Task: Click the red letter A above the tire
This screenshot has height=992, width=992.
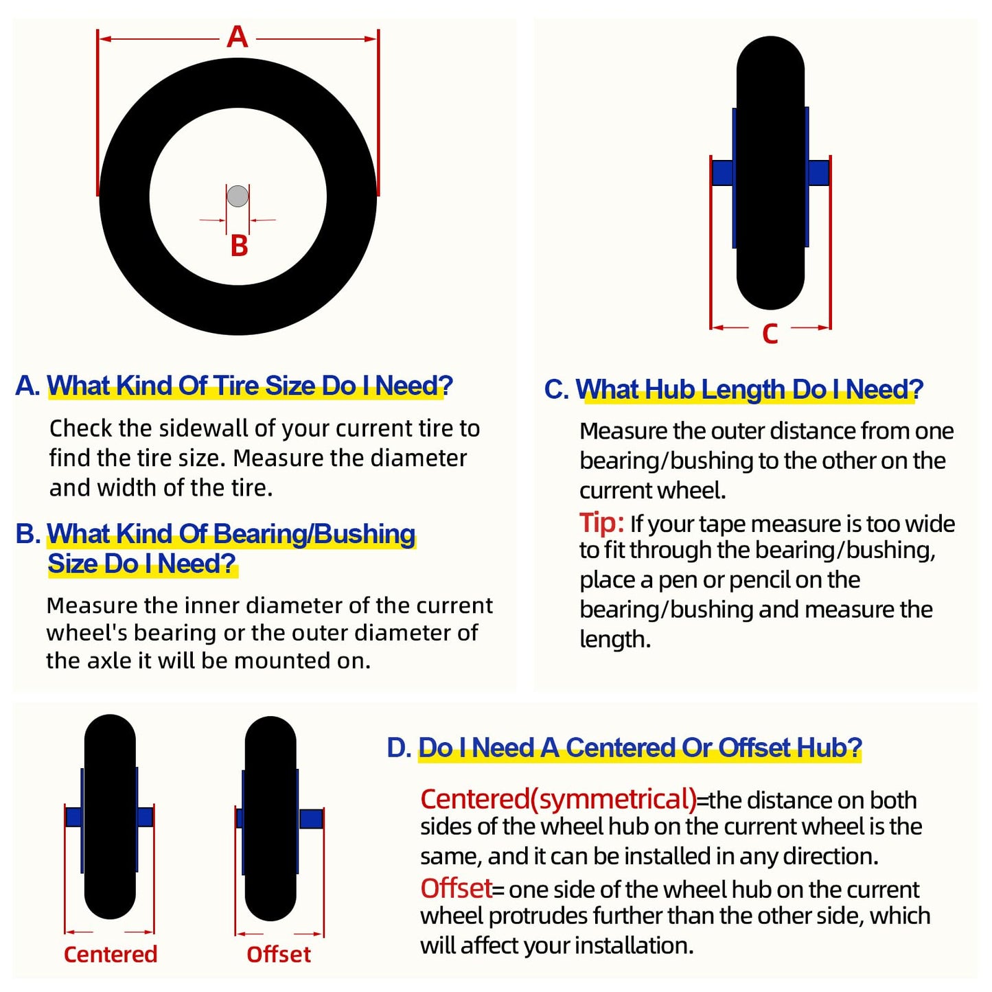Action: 238,38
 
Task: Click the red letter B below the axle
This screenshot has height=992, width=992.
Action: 240,246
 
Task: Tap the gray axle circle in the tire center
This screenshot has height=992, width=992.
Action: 238,196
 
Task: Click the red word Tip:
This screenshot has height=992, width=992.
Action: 601,522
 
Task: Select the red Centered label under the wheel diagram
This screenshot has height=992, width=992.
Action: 111,954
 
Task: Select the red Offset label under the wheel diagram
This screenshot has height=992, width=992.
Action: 279,954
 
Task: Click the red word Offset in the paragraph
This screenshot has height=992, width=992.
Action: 456,888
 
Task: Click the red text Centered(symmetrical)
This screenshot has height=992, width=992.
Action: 559,799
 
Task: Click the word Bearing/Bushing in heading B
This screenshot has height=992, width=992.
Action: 314,533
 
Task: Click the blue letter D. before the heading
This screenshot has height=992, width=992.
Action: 399,748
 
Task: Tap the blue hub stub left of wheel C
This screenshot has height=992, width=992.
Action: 722,172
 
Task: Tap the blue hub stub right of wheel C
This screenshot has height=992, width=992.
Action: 818,172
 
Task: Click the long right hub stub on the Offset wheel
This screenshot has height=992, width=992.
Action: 310,818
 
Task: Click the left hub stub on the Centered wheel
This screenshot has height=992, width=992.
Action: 74,817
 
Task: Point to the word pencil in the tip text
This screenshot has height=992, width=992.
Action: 759,580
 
